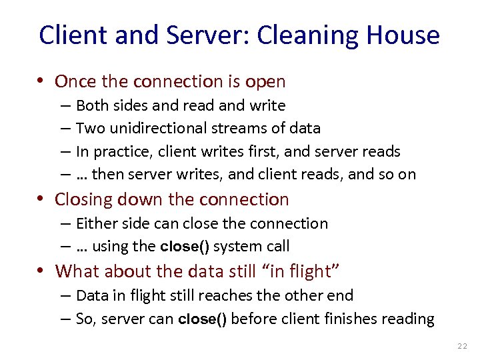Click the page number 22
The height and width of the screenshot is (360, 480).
(463, 346)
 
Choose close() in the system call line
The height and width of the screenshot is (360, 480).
(185, 247)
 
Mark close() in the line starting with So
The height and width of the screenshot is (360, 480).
(203, 319)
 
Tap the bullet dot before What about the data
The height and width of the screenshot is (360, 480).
(42, 271)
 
